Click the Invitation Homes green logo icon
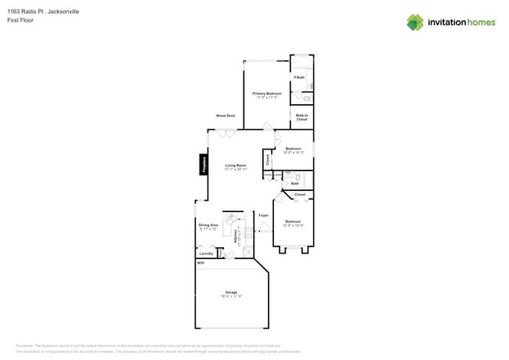(415, 22)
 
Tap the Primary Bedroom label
(267, 93)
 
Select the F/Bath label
(299, 77)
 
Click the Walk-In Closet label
(301, 117)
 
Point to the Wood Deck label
(226, 115)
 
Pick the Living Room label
(236, 165)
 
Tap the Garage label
(231, 292)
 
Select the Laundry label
(207, 253)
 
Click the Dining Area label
(208, 225)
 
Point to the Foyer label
(264, 214)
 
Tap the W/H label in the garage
(200, 263)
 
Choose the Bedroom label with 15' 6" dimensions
(293, 221)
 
